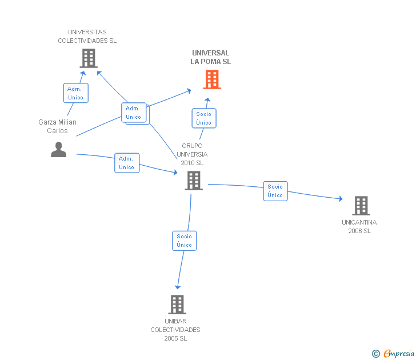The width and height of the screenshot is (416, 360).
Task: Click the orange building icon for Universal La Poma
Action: point(212,79)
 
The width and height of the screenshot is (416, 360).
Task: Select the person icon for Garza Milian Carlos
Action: point(59,150)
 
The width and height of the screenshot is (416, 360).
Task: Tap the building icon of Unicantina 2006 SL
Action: point(361,206)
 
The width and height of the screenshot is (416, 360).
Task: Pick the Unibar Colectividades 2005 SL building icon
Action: point(177,305)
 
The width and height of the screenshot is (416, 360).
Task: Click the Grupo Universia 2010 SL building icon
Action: point(194,181)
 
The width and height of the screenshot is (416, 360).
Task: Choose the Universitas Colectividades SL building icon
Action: point(89,58)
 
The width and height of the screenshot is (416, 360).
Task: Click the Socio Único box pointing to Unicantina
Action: point(275,191)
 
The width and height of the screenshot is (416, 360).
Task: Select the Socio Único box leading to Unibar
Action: point(185,241)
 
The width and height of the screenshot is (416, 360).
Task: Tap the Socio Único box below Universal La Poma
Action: point(204,118)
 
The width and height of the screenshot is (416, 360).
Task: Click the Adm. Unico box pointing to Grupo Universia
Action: point(127,163)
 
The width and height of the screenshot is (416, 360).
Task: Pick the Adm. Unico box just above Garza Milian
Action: point(76,93)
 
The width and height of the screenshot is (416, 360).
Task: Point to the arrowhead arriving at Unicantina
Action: point(341,199)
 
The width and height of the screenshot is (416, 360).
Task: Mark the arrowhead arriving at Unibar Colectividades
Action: point(178,287)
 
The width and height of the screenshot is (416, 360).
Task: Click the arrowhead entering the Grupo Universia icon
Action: point(175,173)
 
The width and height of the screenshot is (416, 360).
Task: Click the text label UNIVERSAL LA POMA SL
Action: point(211,57)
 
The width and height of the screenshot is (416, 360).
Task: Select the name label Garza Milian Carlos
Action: point(57,126)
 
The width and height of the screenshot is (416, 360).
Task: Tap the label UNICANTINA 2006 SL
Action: point(359,226)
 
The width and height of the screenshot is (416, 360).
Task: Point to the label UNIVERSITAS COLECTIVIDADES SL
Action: point(87,37)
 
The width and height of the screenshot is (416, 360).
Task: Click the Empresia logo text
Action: point(399,353)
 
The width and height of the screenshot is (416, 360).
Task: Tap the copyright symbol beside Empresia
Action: point(376,354)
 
